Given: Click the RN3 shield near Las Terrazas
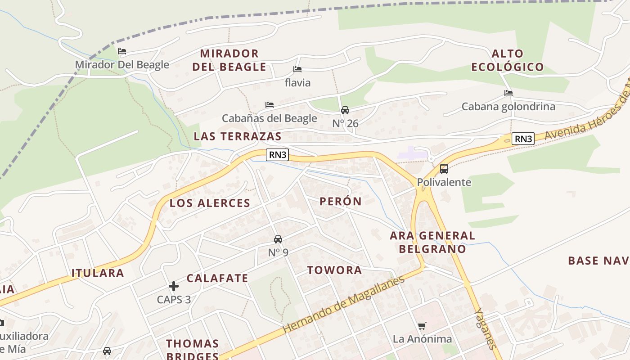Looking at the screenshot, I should (x=277, y=155).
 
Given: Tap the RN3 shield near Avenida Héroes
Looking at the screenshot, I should (x=523, y=139).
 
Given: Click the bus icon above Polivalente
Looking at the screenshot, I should (x=444, y=169).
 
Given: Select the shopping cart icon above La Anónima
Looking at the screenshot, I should (x=422, y=326).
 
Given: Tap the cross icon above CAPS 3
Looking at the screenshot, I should (x=174, y=286).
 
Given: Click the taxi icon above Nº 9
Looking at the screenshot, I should (x=278, y=239).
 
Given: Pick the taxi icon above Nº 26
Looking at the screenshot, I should (x=345, y=110).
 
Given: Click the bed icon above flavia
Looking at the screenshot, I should (x=297, y=69).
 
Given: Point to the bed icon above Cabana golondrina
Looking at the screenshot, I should (x=508, y=93).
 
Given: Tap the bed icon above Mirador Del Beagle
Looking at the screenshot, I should (x=122, y=51).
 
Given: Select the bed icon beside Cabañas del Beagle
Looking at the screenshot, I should (x=270, y=105).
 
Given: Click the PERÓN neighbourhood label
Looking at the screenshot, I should (x=341, y=201).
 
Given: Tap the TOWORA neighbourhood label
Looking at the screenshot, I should (x=334, y=270).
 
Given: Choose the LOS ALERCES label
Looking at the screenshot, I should (x=210, y=203).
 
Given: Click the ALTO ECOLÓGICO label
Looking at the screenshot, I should (x=507, y=60).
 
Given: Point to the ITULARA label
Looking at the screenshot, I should (x=98, y=273).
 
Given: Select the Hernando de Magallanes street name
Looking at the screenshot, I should (x=344, y=305).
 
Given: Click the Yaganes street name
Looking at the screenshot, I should (x=486, y=328).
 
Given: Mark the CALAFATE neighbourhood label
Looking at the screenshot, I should (x=217, y=278).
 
